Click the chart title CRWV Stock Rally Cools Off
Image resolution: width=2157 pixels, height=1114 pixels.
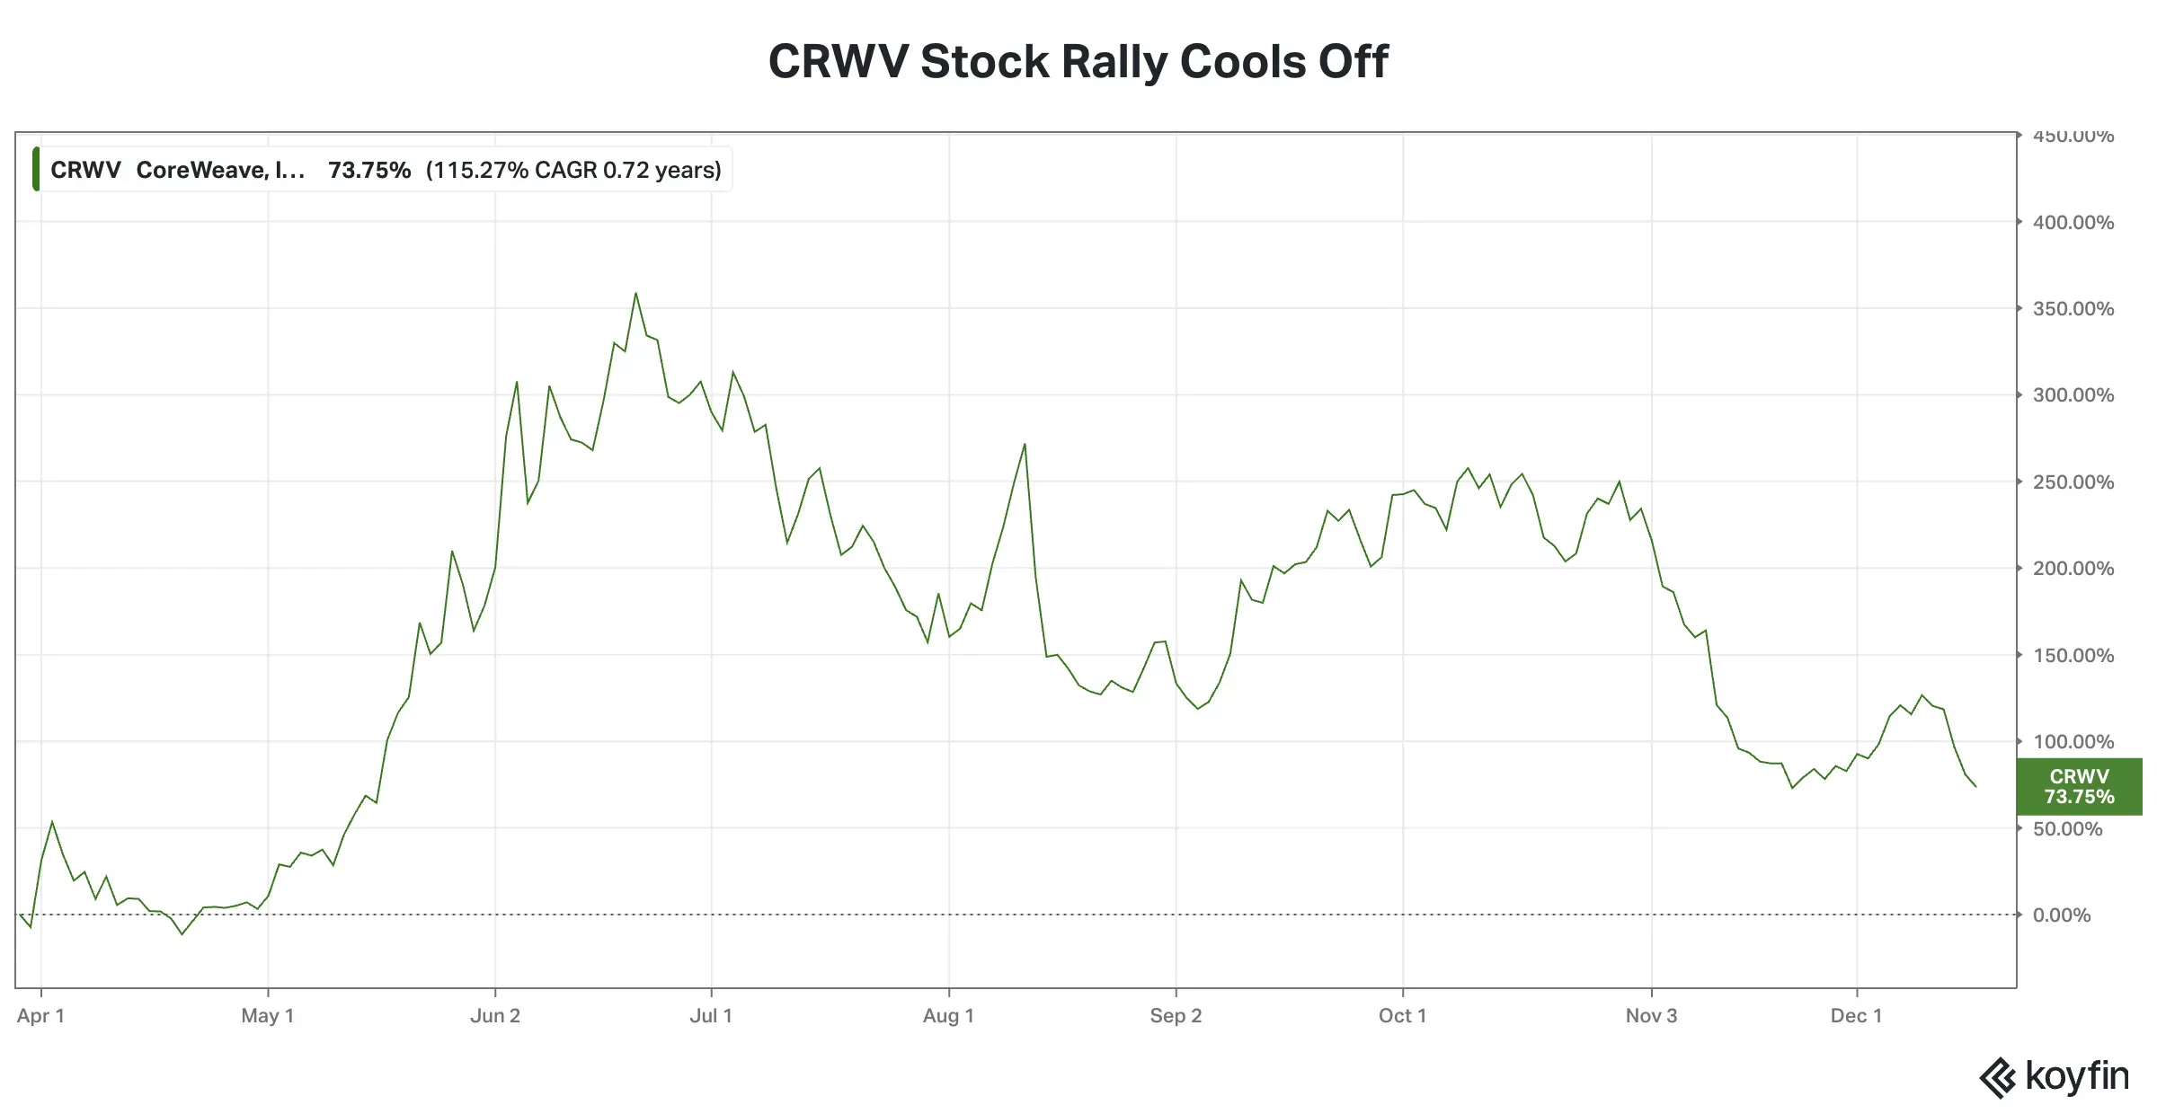(x=1078, y=62)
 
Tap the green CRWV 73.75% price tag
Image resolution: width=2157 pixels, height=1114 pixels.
(x=2078, y=786)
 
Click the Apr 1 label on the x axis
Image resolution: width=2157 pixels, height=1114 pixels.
(x=40, y=1016)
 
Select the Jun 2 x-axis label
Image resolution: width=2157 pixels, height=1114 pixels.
(x=495, y=1016)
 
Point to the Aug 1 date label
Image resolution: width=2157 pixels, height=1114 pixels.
(x=948, y=1016)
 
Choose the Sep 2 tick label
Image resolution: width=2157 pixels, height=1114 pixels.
(x=1176, y=1016)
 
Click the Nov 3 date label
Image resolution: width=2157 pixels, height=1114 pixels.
(x=1651, y=1016)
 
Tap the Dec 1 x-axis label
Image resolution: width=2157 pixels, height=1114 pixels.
(x=1856, y=1016)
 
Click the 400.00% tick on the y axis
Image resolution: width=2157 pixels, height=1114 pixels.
(x=2073, y=222)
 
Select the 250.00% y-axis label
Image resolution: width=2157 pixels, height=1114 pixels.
(x=2073, y=482)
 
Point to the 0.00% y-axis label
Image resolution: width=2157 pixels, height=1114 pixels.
(x=2062, y=915)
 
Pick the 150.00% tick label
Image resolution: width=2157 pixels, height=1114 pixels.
(x=2073, y=656)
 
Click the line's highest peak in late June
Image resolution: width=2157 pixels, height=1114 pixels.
(x=635, y=293)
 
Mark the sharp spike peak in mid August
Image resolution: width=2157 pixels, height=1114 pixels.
(x=1025, y=444)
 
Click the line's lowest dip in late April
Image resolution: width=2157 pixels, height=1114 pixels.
(x=182, y=934)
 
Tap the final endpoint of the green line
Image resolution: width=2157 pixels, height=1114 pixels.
(x=1975, y=786)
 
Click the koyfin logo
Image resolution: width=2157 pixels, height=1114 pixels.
(x=2054, y=1077)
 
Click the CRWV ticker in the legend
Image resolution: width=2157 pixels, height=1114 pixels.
(x=85, y=170)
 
